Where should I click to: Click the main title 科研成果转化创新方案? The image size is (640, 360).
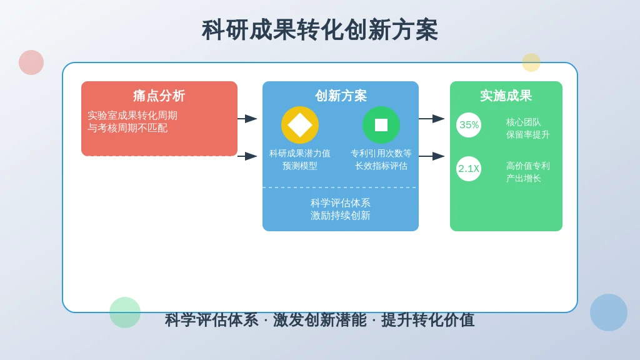(x=320, y=30)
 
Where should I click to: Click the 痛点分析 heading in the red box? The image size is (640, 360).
(x=159, y=96)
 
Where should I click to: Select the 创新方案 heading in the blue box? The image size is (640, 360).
(x=341, y=96)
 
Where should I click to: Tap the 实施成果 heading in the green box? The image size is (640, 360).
(x=506, y=96)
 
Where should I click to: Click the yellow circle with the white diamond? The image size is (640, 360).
(x=300, y=125)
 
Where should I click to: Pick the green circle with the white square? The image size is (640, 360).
(x=381, y=125)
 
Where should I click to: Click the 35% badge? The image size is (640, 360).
(x=469, y=125)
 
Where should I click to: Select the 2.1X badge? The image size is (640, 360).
(x=469, y=169)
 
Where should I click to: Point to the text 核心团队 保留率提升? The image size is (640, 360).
(x=527, y=128)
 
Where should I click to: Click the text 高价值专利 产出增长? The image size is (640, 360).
(x=527, y=172)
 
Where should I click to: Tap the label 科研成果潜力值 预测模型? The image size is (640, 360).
(x=300, y=159)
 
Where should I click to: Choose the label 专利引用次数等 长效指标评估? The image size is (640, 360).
(x=381, y=159)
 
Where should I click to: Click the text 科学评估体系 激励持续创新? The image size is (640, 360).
(x=341, y=209)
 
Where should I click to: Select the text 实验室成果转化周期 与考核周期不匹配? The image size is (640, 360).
(x=132, y=122)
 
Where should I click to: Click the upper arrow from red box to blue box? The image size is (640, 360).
(x=247, y=118)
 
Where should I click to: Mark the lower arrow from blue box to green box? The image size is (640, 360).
(x=432, y=156)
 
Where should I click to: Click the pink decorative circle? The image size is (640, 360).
(x=31, y=62)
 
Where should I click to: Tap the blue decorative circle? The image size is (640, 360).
(x=609, y=312)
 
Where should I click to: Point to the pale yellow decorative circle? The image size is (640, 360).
(x=531, y=62)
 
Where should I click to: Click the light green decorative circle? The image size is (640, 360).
(x=125, y=312)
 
